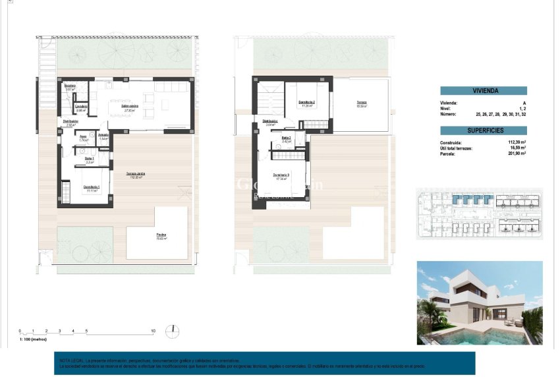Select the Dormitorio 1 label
(x=92, y=187)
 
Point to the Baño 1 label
(x=90, y=158)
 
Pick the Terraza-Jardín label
(x=136, y=174)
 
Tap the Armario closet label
(x=103, y=135)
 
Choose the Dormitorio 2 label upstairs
(x=306, y=102)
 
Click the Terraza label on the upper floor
(x=362, y=102)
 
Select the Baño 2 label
(x=287, y=138)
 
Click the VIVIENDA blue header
(x=485, y=92)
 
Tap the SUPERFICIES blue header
(x=485, y=130)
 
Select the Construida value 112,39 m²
(x=516, y=142)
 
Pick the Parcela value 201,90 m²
(x=516, y=153)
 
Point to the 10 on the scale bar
(x=153, y=331)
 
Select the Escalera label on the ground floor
(x=70, y=86)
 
